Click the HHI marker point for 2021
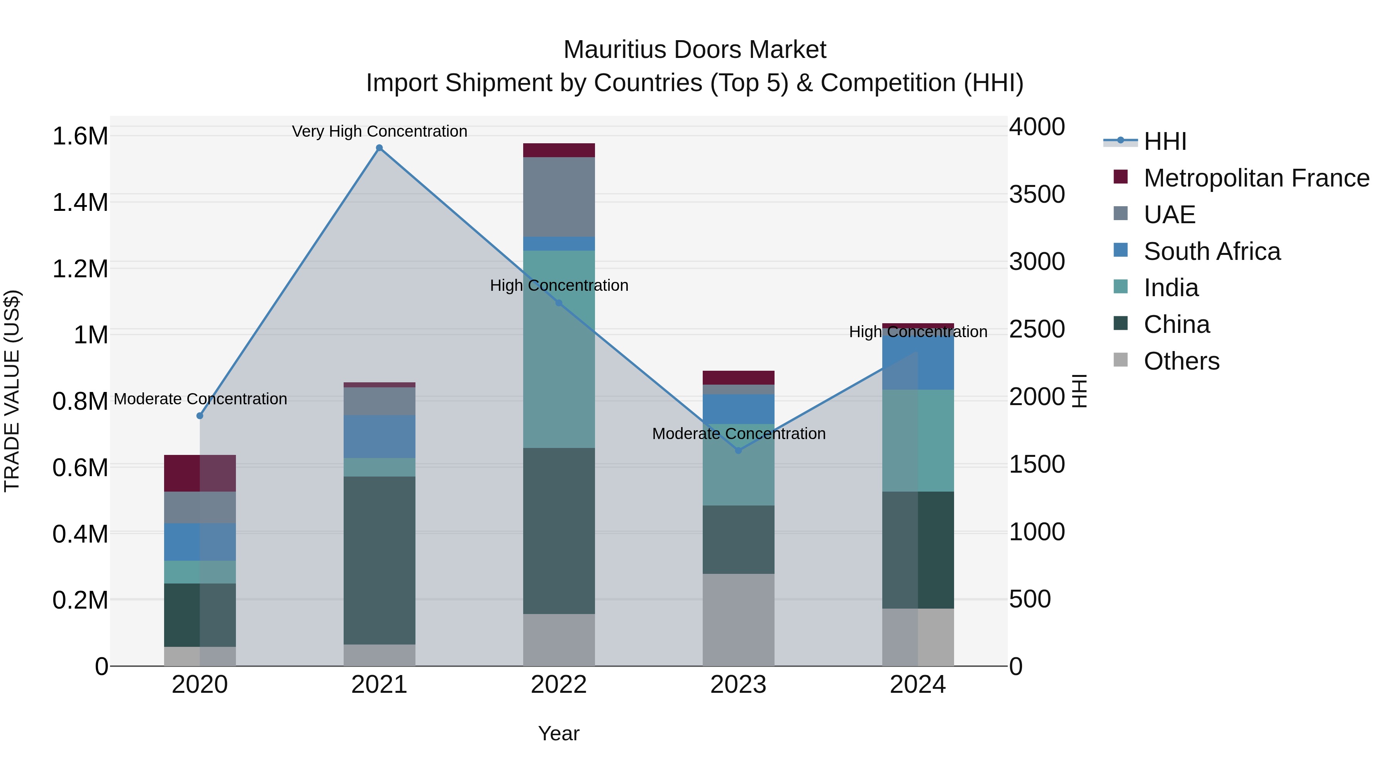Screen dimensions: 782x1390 pyautogui.click(x=379, y=148)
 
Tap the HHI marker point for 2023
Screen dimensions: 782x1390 pyautogui.click(x=739, y=450)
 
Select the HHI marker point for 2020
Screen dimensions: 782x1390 pyautogui.click(x=200, y=416)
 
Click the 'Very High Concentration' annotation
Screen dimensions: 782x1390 pyautogui.click(x=379, y=131)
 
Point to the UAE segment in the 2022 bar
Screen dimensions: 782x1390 pyautogui.click(x=559, y=197)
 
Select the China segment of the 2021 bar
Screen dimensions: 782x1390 pyautogui.click(x=379, y=560)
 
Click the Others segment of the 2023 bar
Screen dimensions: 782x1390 pyautogui.click(x=739, y=619)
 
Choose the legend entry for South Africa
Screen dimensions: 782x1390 pyautogui.click(x=1211, y=251)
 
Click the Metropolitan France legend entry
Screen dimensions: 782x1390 pyautogui.click(x=1256, y=178)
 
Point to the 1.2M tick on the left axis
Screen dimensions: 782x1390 pyautogui.click(x=80, y=269)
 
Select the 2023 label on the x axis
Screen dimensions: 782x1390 pyautogui.click(x=738, y=685)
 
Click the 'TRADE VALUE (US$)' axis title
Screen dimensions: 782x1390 pyautogui.click(x=12, y=391)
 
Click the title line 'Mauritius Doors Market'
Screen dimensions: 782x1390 pyautogui.click(x=695, y=50)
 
